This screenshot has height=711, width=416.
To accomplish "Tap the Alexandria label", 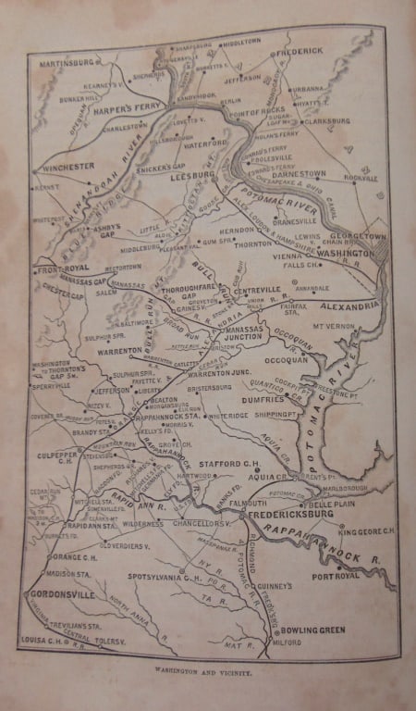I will [x=350, y=305].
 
